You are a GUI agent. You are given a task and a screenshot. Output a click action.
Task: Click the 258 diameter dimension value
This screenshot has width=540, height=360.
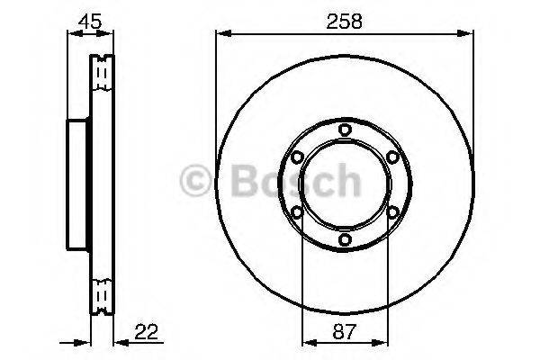[345, 21]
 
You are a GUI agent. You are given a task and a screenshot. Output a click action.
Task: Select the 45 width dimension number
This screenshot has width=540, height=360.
[89, 21]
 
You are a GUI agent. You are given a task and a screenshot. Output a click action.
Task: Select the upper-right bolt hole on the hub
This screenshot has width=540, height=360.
[392, 157]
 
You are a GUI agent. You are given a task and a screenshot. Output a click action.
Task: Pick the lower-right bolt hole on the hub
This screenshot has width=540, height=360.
[392, 212]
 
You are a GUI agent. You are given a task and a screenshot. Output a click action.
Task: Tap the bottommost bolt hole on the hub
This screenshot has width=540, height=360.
[345, 240]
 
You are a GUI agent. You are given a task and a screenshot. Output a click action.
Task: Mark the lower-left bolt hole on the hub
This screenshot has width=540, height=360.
[297, 212]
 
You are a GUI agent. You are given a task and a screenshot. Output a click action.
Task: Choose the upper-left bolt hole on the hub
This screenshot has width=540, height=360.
[297, 157]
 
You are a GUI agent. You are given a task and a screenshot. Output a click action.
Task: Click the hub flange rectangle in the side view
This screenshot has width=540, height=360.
[78, 184]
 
